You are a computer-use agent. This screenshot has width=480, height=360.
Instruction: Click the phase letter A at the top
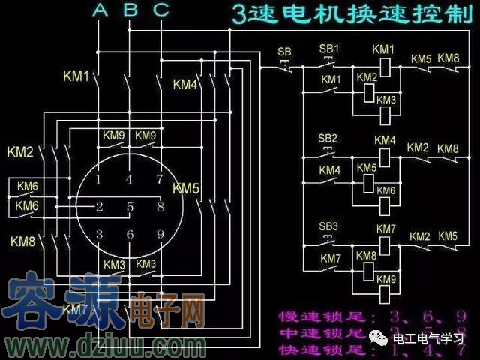click(100, 10)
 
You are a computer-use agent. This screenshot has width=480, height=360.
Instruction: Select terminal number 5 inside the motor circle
click(130, 206)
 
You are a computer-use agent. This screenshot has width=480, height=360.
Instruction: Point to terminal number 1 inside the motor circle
click(98, 179)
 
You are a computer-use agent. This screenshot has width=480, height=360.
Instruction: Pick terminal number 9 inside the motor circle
click(160, 235)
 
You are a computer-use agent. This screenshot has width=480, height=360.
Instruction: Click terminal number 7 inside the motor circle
click(159, 179)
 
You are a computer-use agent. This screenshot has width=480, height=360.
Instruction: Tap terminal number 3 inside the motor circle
click(99, 235)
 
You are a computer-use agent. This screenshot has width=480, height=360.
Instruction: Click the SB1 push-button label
click(329, 49)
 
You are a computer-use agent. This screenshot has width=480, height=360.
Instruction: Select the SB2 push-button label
click(328, 139)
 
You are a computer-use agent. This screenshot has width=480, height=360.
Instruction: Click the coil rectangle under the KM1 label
click(385, 66)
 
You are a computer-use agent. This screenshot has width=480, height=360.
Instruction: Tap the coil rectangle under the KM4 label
click(385, 157)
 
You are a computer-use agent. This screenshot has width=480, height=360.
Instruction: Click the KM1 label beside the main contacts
click(76, 76)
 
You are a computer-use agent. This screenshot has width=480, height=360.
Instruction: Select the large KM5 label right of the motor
click(186, 187)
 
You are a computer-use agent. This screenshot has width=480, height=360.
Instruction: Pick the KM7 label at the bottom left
click(75, 308)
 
